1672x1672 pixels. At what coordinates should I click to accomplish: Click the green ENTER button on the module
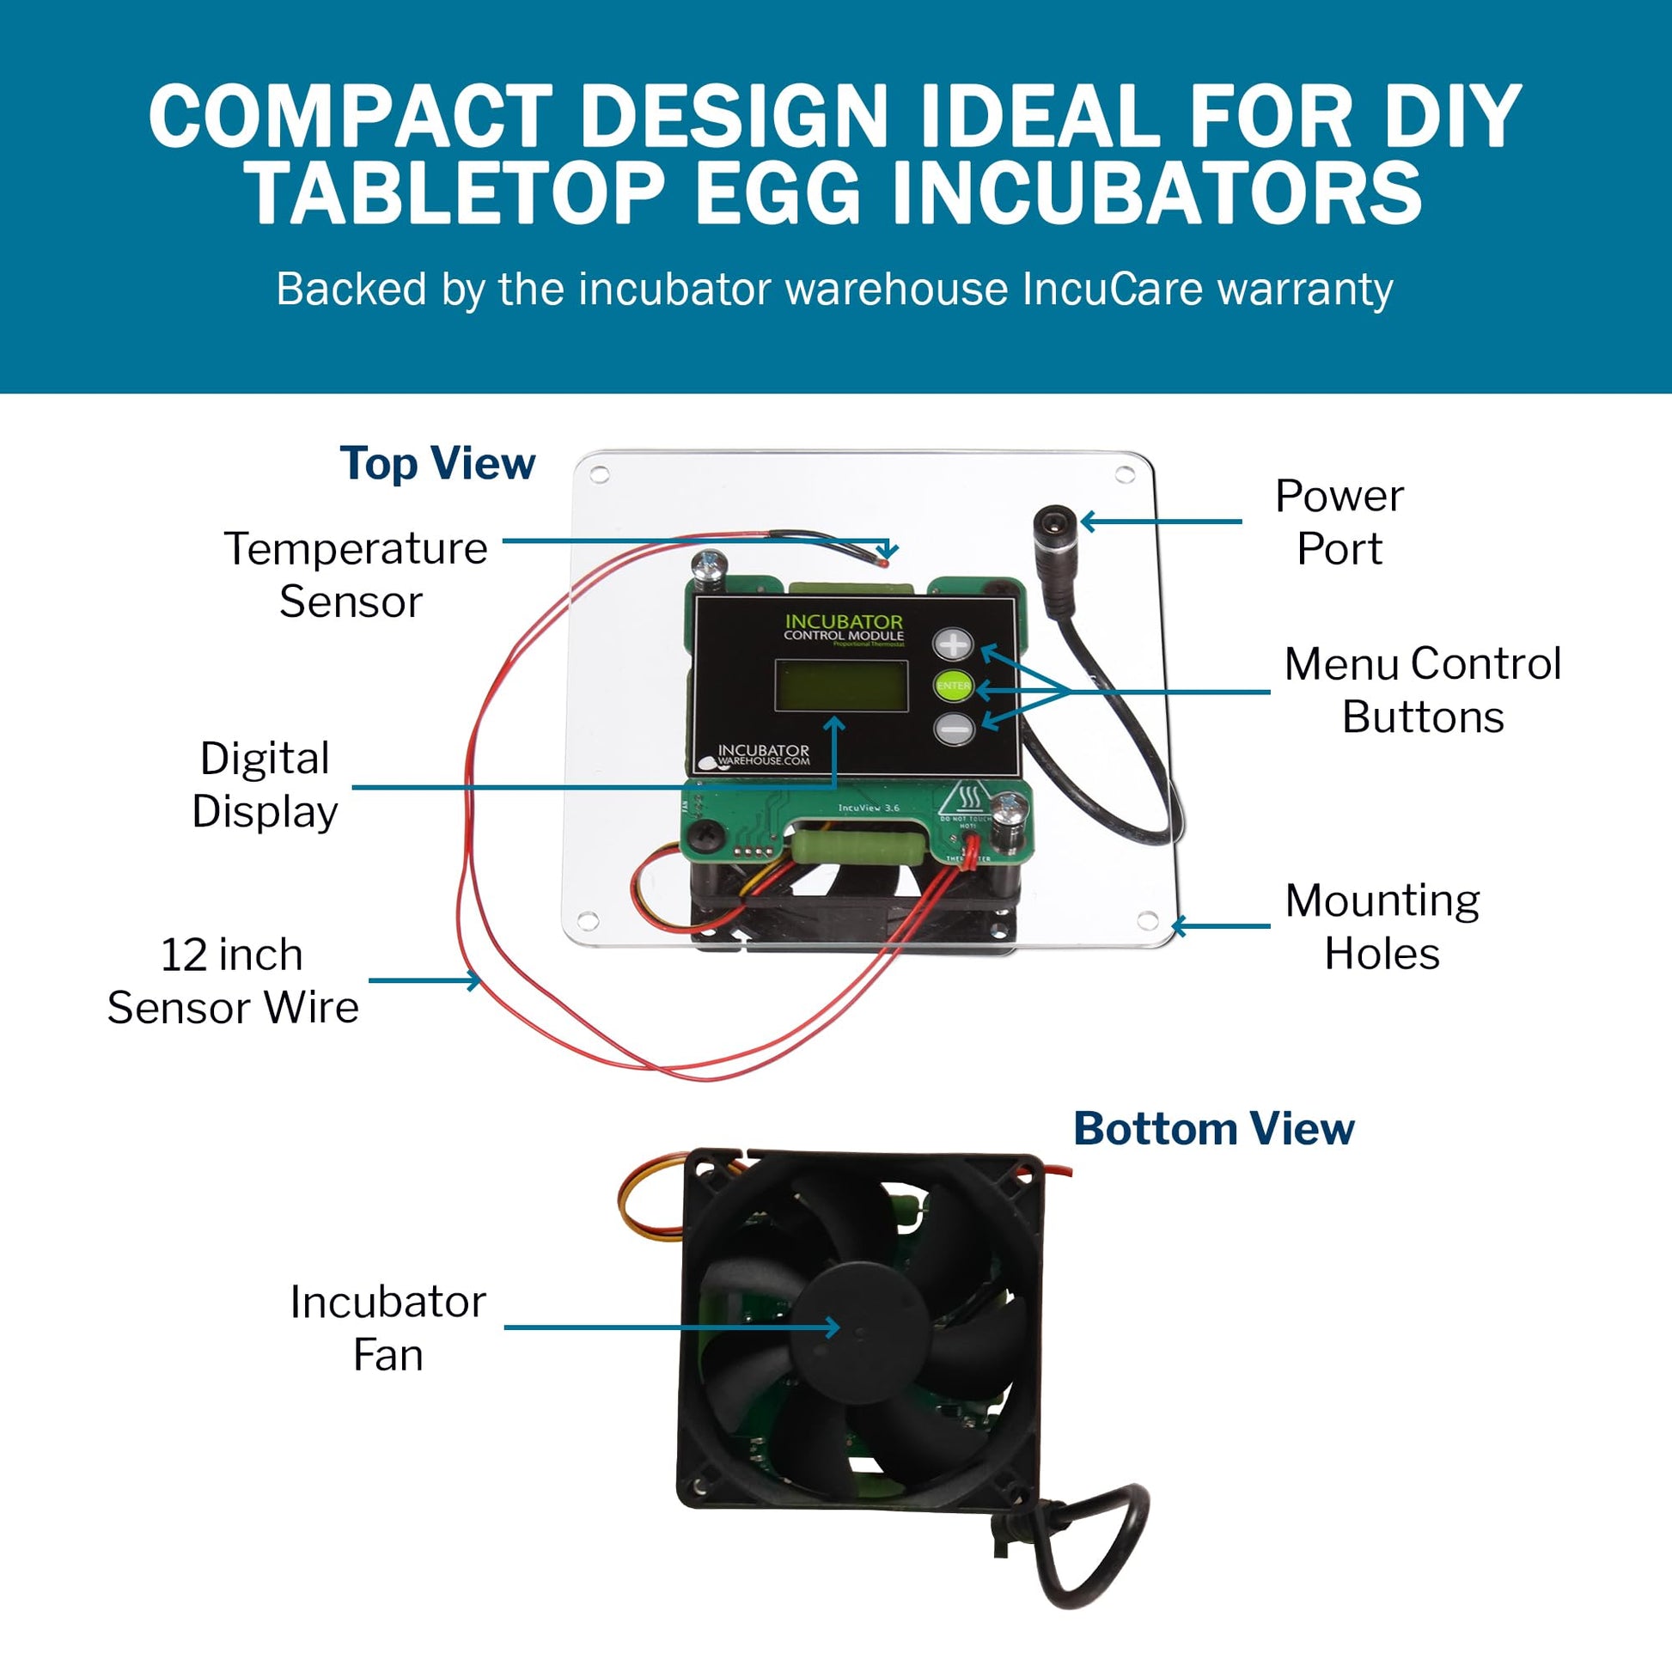[x=953, y=686]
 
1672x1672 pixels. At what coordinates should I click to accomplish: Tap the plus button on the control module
[x=953, y=644]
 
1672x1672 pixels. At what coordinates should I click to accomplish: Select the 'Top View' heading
[x=437, y=464]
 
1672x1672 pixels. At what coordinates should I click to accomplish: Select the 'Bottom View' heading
[x=1213, y=1128]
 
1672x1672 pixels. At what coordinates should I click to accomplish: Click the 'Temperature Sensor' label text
[x=355, y=575]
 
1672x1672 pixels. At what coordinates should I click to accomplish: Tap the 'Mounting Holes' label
[x=1382, y=927]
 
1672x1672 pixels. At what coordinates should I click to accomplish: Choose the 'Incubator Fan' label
[x=387, y=1327]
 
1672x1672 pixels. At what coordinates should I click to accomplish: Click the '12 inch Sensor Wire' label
[x=233, y=980]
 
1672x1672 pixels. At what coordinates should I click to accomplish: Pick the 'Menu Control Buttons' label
[x=1422, y=691]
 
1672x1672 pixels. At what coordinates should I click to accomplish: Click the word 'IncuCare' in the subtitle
[x=1112, y=289]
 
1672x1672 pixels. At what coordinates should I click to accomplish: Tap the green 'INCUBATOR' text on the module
[x=843, y=621]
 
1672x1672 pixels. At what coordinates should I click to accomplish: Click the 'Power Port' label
[x=1339, y=522]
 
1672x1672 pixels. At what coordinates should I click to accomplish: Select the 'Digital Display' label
[x=265, y=785]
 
